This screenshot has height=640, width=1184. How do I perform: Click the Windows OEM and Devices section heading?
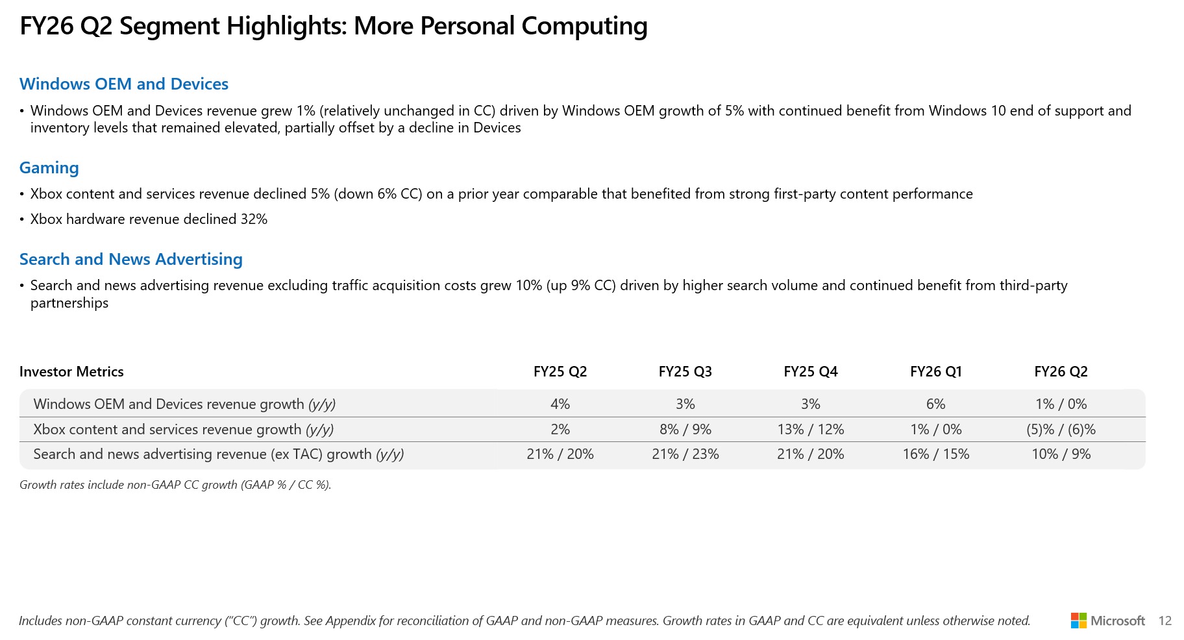124,84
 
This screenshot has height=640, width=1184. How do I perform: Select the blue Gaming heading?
49,168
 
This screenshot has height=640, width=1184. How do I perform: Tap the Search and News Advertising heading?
131,260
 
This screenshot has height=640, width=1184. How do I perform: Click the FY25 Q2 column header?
560,372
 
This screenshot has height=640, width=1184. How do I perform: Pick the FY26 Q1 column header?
935,372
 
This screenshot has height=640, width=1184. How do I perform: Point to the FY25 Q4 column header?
811,372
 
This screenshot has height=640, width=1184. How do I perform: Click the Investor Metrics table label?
71,372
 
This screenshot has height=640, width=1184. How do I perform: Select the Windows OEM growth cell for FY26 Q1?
935,404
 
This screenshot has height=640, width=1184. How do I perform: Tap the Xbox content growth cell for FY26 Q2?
1061,430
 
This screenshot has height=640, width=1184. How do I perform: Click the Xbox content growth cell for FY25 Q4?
811,430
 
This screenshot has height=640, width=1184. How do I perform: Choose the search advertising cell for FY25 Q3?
685,454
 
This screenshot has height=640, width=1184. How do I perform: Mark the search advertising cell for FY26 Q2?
1061,454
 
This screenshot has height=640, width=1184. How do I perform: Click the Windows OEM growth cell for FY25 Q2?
560,404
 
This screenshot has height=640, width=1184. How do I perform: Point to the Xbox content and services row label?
184,430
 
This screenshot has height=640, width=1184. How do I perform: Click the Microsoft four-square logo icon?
1078,621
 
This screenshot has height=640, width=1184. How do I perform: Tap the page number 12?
1165,621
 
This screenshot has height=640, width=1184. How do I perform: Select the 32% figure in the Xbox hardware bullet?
254,219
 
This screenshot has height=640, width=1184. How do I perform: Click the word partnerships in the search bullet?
69,303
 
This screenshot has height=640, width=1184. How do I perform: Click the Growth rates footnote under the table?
175,485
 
